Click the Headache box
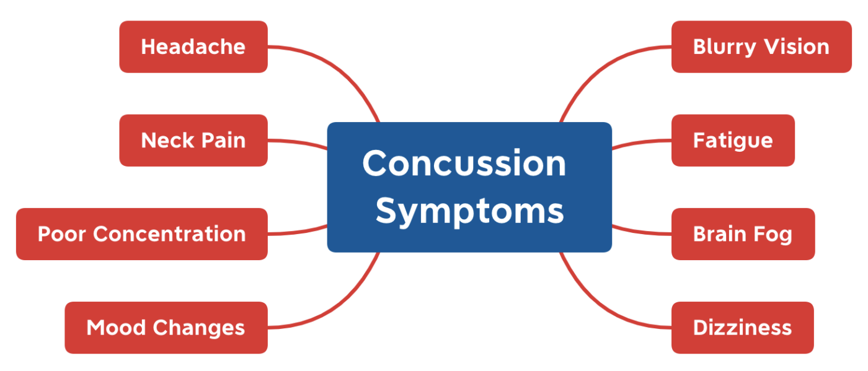[x=193, y=47]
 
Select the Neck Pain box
[x=193, y=141]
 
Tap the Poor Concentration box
[x=141, y=234]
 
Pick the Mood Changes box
[x=166, y=328]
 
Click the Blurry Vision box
[x=761, y=47]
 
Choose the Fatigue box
[x=732, y=141]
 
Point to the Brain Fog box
[x=742, y=234]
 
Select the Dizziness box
[x=742, y=328]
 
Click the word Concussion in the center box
[x=464, y=164]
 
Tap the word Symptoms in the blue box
[x=469, y=211]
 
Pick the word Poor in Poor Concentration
[x=62, y=234]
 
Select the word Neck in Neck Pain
[x=164, y=141]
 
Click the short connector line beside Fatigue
[x=642, y=142]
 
